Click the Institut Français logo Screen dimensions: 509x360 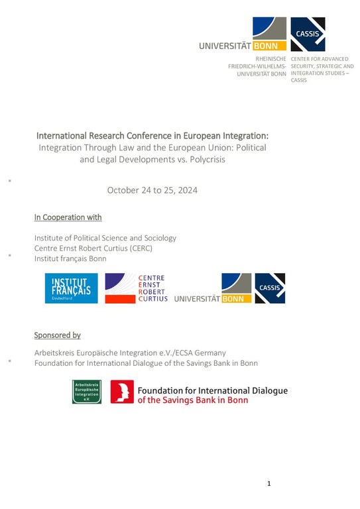71,288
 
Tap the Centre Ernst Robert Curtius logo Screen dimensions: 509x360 137,288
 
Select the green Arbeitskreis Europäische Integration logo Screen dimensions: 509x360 86,392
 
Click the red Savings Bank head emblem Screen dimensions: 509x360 122,392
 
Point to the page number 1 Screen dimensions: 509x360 269,484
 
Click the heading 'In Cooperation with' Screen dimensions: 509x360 68,217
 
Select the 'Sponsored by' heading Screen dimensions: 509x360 57,335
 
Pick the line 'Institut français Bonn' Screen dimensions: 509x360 70,258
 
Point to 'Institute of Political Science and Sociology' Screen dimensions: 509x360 105,237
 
